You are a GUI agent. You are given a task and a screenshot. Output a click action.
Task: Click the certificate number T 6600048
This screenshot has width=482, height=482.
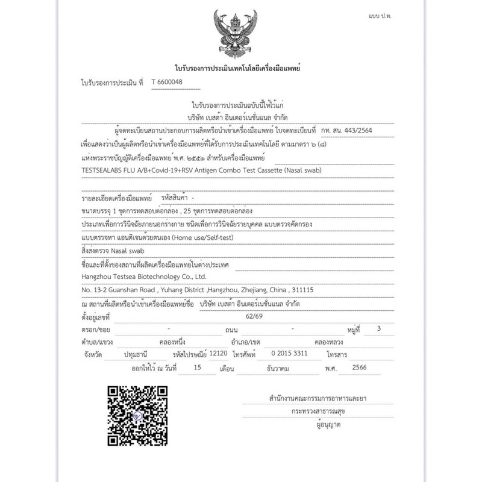(x=167, y=82)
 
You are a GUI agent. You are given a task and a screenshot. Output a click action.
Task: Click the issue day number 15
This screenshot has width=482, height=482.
(x=193, y=367)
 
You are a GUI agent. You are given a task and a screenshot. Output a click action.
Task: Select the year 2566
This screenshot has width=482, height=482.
(x=359, y=367)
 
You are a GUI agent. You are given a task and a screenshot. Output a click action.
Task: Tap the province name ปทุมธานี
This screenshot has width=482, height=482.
(x=136, y=354)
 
